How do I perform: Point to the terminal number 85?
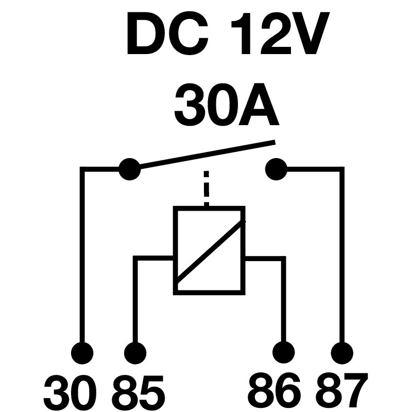pyautogui.click(x=138, y=391)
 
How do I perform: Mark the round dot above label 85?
pyautogui.click(x=135, y=354)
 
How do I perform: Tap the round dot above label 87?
pyautogui.click(x=341, y=354)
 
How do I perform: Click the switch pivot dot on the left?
pyautogui.click(x=129, y=168)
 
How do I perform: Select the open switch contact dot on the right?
pyautogui.click(x=276, y=168)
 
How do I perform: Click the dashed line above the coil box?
pyautogui.click(x=207, y=188)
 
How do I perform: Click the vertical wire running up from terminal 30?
pyautogui.click(x=81, y=257)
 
